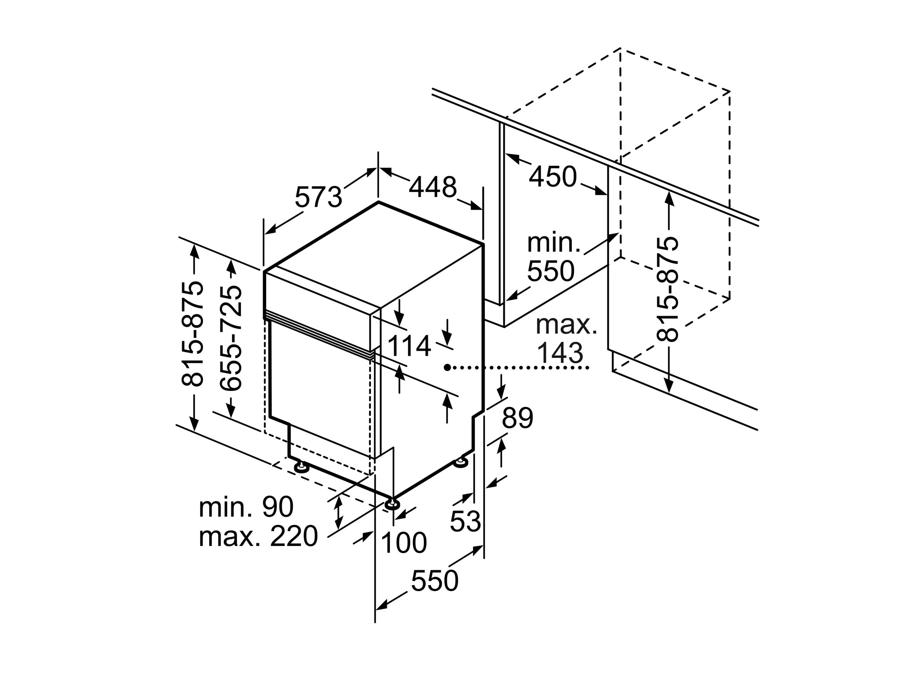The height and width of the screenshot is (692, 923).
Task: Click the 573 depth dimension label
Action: coord(318,197)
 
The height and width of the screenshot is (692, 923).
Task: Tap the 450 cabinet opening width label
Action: coord(553,177)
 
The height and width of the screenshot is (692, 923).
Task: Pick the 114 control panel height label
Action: coord(409,346)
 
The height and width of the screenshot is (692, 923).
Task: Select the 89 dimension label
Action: coord(517,418)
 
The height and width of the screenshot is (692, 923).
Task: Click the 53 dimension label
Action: coord(465,521)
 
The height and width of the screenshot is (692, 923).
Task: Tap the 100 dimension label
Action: coord(404,543)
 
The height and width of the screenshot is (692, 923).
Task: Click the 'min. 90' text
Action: coord(246,507)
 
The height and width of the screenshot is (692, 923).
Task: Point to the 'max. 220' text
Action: coord(258,536)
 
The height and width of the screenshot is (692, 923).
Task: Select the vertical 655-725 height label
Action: coord(231,338)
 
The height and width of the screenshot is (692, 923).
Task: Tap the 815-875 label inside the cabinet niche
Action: coord(667,289)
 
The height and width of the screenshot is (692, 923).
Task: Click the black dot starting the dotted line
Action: coord(447,368)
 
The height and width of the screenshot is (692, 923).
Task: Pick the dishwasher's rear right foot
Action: coord(461,462)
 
